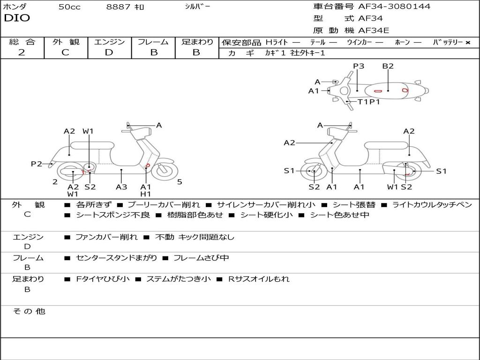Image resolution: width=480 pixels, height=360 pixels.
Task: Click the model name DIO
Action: click(17, 18)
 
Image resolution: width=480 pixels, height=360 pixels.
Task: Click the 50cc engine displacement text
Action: click(69, 7)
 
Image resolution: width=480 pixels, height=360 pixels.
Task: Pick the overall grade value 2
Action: click(22, 52)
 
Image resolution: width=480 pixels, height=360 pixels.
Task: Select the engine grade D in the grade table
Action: click(109, 52)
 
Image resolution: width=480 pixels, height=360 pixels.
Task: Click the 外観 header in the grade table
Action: click(66, 42)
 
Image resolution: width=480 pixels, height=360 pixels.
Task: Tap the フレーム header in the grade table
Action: click(153, 42)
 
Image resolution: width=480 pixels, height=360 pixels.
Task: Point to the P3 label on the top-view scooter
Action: click(359, 66)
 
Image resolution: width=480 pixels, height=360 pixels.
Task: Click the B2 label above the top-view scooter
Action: click(388, 66)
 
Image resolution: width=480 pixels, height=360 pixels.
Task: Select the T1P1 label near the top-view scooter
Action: click(369, 102)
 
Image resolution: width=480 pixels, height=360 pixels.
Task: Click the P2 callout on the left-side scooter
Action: click(37, 164)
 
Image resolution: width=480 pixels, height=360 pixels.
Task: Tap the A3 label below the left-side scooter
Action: click(121, 187)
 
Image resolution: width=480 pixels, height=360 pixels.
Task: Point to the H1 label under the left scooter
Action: click(146, 194)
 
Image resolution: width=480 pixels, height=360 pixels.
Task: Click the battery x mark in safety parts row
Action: click(467, 43)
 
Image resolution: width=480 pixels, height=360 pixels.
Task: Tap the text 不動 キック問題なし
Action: click(195, 237)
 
